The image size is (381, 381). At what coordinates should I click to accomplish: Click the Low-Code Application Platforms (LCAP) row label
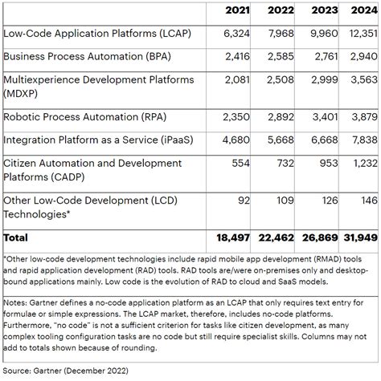[98, 34]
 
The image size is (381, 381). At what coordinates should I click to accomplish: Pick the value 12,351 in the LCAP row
[360, 34]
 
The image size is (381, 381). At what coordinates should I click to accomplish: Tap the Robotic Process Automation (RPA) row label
[88, 116]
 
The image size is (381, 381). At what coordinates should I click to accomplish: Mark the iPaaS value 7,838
[363, 139]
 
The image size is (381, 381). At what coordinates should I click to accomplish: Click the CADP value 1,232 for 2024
[363, 163]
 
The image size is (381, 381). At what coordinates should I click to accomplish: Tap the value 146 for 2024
[367, 199]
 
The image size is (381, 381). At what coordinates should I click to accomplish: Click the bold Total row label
[16, 237]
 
